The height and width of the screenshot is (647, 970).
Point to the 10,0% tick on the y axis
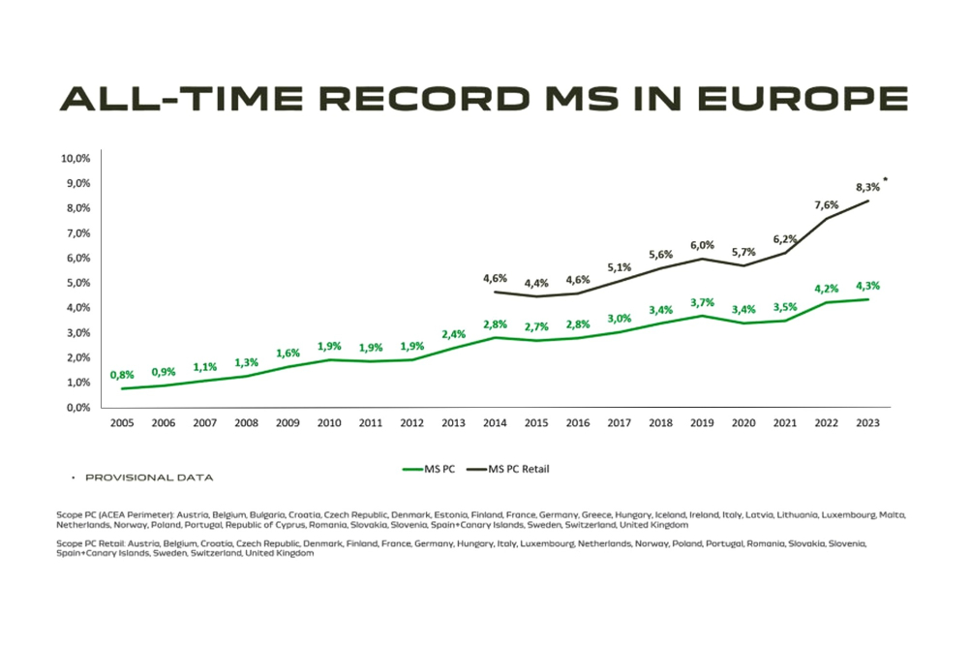click(76, 158)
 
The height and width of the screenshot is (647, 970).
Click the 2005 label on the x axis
click(122, 422)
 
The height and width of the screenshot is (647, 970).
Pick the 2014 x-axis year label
click(494, 422)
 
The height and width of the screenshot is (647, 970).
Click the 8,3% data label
click(867, 185)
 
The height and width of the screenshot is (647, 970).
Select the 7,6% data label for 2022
click(826, 203)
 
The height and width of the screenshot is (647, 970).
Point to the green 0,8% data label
click(122, 375)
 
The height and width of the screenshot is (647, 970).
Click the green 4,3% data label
click(867, 286)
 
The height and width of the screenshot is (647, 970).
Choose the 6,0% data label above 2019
click(702, 245)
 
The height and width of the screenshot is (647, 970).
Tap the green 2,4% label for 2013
click(453, 334)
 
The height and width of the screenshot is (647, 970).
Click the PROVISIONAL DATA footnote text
click(149, 478)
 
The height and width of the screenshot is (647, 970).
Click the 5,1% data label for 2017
click(619, 267)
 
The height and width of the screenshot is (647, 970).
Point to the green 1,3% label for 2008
click(246, 362)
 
